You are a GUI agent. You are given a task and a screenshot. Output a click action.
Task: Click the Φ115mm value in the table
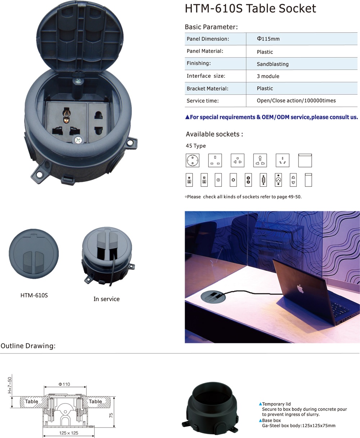(x=268, y=39)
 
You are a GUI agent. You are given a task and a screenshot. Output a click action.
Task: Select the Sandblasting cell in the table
(x=273, y=64)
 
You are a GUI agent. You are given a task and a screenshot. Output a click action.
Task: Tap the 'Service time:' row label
(x=203, y=101)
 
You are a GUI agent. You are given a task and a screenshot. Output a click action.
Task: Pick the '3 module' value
(x=268, y=76)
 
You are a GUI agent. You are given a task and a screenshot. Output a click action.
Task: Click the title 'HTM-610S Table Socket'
(x=250, y=9)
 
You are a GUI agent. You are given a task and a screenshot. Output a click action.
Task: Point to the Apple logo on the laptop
(x=300, y=289)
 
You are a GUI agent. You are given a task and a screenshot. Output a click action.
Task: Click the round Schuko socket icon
(x=193, y=160)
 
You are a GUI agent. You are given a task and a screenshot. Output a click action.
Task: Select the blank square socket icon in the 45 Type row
(x=305, y=160)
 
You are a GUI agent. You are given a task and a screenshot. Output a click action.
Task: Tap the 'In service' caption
(x=107, y=299)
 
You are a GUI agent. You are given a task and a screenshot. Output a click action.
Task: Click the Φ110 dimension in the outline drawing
(x=64, y=384)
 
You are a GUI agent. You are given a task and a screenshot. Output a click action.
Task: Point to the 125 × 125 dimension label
(x=68, y=433)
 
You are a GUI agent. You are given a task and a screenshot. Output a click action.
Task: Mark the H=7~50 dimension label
(x=10, y=385)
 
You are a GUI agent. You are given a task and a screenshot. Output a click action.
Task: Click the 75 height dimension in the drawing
(x=111, y=415)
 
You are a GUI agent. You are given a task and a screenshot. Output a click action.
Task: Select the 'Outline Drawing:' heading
(x=28, y=346)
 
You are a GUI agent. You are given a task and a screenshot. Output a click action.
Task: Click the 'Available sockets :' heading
(x=214, y=134)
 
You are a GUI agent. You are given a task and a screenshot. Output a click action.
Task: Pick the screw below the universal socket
(x=78, y=140)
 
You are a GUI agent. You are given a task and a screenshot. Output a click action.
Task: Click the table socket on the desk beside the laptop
(x=213, y=297)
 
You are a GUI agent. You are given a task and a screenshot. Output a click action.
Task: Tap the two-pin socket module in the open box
(x=99, y=122)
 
